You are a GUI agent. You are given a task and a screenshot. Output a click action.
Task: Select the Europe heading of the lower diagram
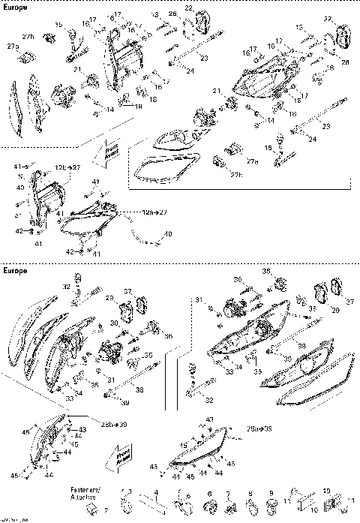pyautogui.click(x=16, y=268)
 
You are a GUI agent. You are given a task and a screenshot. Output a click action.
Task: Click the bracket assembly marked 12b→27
pyautogui.click(x=41, y=204)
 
